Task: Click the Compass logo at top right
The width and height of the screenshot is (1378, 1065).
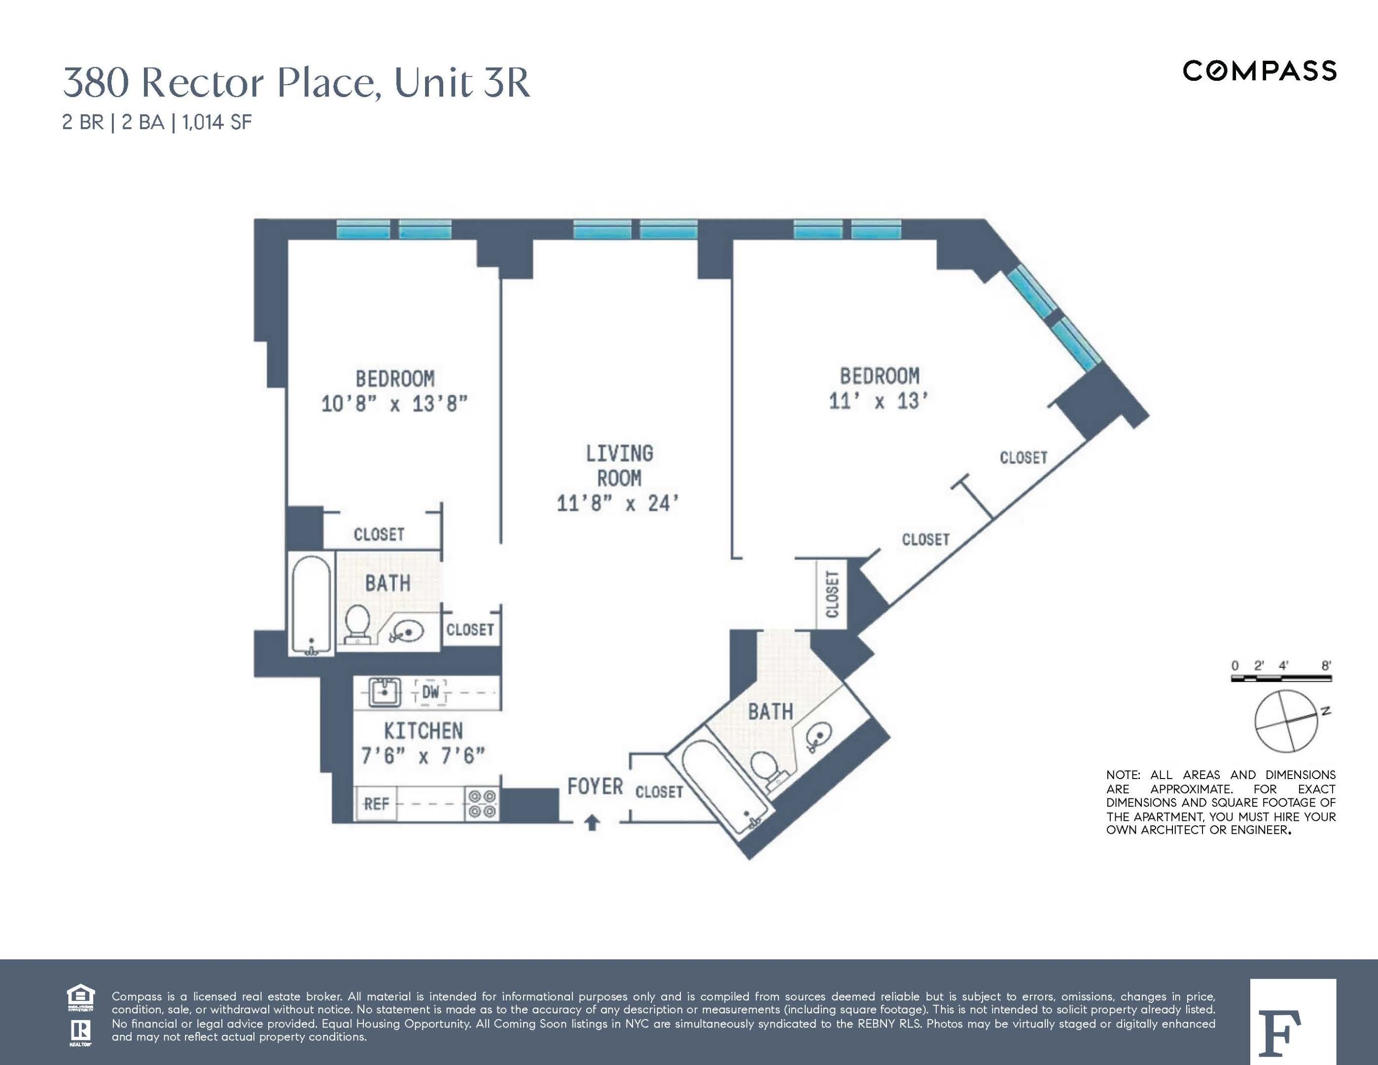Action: click(x=1259, y=71)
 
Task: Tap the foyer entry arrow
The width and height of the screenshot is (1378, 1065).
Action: click(x=592, y=823)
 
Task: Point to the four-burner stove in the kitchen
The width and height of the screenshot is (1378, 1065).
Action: click(x=482, y=804)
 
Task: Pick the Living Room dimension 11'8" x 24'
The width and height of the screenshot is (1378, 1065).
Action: click(x=618, y=503)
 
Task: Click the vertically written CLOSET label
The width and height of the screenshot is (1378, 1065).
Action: click(x=832, y=594)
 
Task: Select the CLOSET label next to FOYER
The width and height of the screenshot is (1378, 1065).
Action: click(x=659, y=792)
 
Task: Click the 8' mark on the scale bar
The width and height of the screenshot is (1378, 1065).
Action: click(x=1326, y=666)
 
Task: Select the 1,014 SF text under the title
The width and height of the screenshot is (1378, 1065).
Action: click(x=217, y=122)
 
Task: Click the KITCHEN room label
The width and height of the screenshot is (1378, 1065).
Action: click(x=424, y=731)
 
